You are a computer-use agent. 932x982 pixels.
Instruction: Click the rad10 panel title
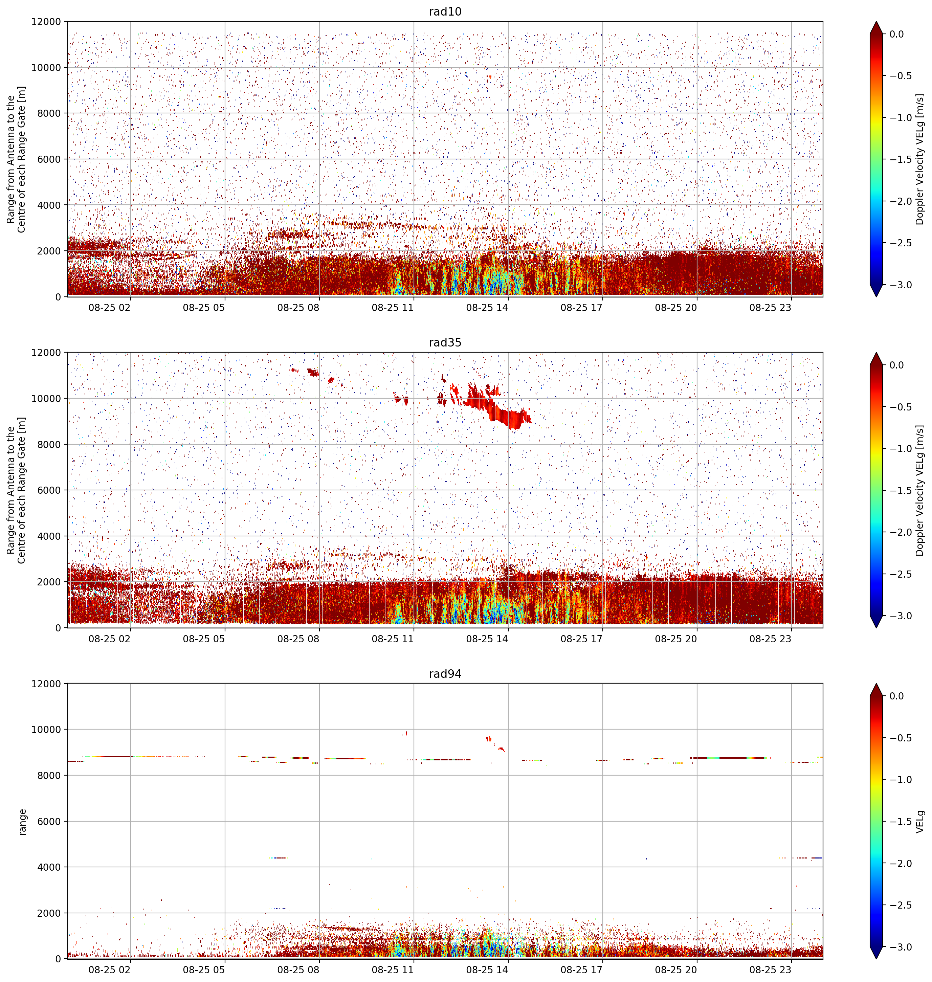click(x=445, y=12)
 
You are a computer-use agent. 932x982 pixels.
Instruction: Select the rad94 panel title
click(x=445, y=673)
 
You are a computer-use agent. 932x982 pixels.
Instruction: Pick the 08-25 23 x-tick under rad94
click(x=770, y=969)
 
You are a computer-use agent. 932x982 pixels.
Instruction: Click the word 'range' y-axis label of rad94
click(x=22, y=822)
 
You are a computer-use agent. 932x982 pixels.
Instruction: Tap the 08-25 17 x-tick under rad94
click(x=581, y=969)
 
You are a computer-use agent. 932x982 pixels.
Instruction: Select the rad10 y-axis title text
click(x=16, y=159)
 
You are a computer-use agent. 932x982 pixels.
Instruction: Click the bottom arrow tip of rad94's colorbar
click(x=876, y=959)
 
